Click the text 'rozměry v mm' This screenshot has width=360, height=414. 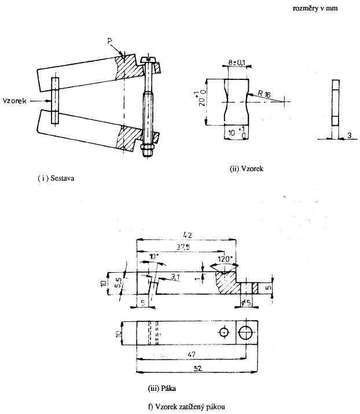click(315, 8)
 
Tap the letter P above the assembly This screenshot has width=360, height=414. click(110, 42)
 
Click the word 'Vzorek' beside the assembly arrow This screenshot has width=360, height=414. click(14, 101)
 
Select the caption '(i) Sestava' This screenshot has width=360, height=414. click(56, 178)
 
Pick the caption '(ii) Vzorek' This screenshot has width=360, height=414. click(247, 168)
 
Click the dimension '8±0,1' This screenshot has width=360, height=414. click(237, 63)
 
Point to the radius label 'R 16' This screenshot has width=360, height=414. click(265, 94)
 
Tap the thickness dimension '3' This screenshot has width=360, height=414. click(349, 135)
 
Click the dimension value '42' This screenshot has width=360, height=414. click(187, 235)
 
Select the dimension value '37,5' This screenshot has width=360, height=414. click(183, 247)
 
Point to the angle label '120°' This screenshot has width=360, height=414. click(224, 259)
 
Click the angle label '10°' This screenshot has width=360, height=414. click(154, 257)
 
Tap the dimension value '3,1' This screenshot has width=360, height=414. click(175, 277)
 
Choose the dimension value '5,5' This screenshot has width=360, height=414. click(119, 283)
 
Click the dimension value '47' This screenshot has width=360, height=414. click(192, 354)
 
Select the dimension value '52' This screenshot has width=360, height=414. click(198, 368)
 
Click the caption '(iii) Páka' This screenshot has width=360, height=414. click(162, 388)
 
